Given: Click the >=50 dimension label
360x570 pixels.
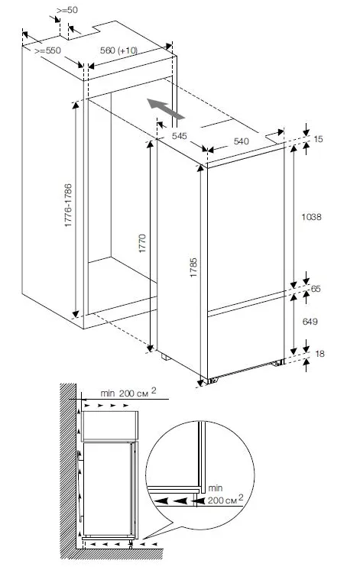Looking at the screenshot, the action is (x=67, y=10).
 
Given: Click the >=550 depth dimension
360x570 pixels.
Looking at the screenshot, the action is (x=47, y=50).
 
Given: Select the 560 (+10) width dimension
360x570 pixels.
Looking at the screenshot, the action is (x=119, y=50).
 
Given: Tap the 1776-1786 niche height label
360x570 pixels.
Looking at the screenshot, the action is (x=68, y=206).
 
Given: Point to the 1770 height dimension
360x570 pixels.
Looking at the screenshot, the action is (x=142, y=244).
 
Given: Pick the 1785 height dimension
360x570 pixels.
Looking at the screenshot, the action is (x=193, y=267).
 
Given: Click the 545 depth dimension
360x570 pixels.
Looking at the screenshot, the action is (x=180, y=136).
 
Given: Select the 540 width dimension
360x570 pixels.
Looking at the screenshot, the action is (x=241, y=141).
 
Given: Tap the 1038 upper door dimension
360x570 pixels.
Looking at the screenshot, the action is (x=311, y=217).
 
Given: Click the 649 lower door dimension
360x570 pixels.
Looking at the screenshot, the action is (x=310, y=322).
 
